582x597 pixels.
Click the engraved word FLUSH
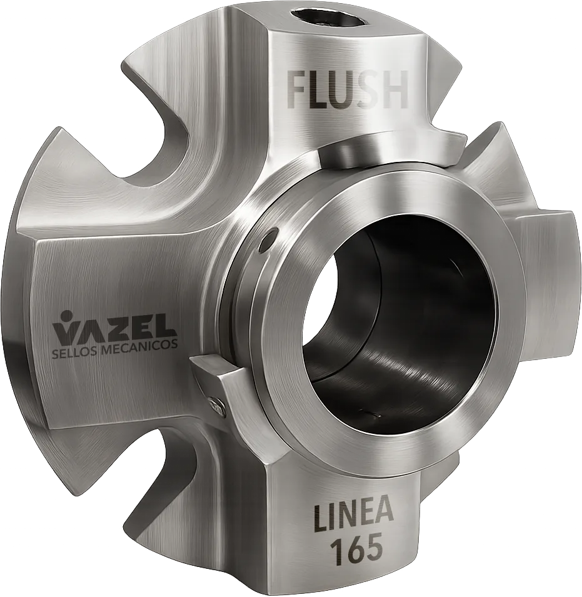click(x=348, y=91)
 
